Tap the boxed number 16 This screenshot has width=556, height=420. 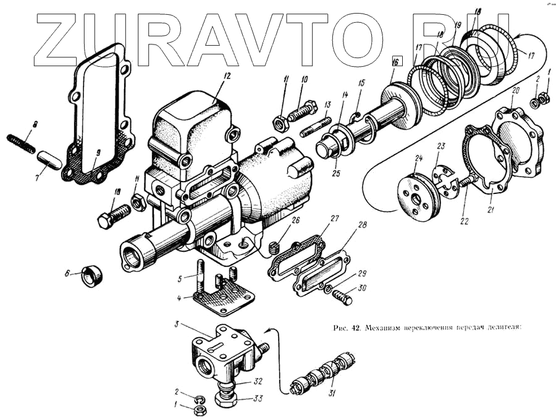pyautogui.click(x=396, y=61)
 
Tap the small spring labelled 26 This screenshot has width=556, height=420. pyautogui.click(x=272, y=248)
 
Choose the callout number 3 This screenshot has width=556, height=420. pyautogui.click(x=177, y=324)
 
